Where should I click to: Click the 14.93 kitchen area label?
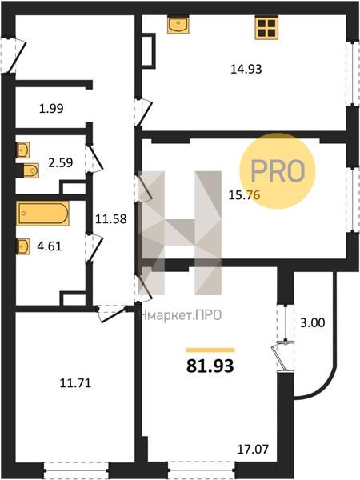point(246,69)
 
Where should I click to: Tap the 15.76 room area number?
point(244,194)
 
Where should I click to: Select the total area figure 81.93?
point(210,366)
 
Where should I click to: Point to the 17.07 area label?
point(253,449)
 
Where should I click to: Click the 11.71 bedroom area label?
point(75,383)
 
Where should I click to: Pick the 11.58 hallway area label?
point(111,219)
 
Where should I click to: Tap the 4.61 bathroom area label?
point(50,246)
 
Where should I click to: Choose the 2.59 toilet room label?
point(61,162)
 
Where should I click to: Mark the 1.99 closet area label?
point(51,108)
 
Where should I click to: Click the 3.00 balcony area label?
point(312,322)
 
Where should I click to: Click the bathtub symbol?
point(43,213)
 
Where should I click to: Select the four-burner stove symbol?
point(266,28)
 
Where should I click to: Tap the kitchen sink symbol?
point(178,25)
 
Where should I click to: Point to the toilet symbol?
point(28,170)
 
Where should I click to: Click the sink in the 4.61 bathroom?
point(23,246)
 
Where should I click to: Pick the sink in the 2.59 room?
point(23,150)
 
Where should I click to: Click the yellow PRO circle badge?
point(278,171)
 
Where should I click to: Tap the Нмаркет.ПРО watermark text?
point(182,315)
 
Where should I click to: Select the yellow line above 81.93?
point(210,350)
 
